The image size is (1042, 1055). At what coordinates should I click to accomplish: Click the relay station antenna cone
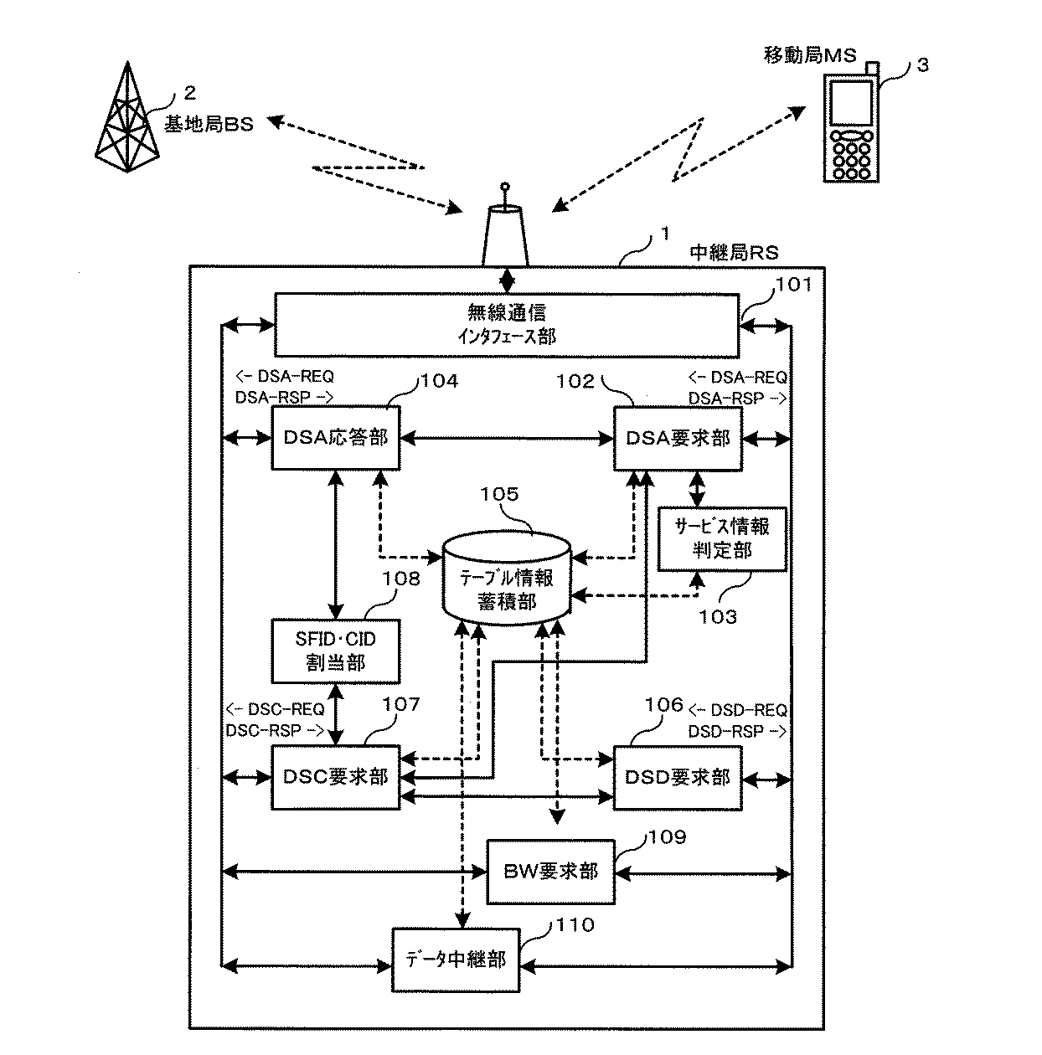point(505,235)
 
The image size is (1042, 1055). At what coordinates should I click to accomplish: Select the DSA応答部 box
point(335,437)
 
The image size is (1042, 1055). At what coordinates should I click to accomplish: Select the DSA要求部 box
point(678,437)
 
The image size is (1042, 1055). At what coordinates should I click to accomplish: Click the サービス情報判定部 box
point(722,539)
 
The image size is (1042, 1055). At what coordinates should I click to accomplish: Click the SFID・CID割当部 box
point(335,651)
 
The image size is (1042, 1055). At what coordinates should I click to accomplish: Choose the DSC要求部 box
point(335,777)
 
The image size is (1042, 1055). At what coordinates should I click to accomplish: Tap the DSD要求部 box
point(678,777)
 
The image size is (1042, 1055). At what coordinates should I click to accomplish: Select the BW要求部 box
point(550,872)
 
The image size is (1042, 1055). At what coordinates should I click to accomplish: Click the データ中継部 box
point(456,960)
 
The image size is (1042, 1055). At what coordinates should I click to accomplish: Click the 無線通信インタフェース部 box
point(507,324)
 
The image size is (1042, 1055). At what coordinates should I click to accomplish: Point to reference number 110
point(575,924)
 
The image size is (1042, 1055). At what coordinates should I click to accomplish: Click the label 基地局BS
point(208,124)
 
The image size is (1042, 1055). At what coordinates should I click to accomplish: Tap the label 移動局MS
point(810,55)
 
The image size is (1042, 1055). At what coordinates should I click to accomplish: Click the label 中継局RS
point(733,252)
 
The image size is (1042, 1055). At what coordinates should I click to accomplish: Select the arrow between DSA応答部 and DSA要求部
point(506,437)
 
